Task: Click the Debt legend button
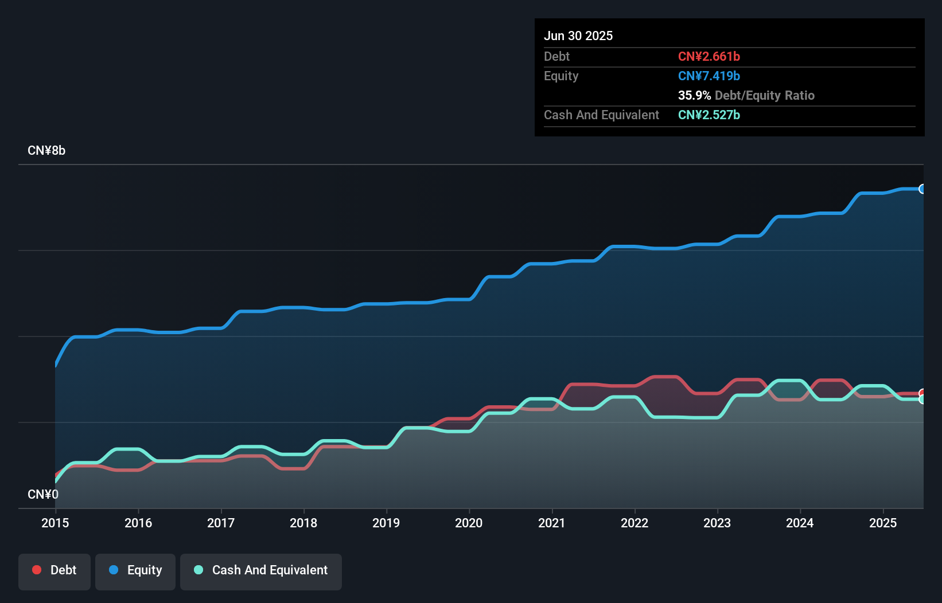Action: pos(55,571)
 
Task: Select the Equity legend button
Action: pos(135,571)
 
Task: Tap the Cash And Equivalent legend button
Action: pos(261,571)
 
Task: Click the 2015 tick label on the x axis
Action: pos(55,523)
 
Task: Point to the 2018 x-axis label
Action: pos(303,523)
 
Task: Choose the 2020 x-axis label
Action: pos(469,523)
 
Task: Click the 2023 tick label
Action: pos(717,523)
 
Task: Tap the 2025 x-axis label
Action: pos(882,523)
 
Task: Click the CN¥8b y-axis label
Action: pos(46,151)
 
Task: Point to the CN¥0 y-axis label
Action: pos(43,494)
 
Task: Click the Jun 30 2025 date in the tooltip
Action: pos(578,36)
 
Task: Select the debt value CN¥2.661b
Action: pos(709,56)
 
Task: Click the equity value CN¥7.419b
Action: pos(709,76)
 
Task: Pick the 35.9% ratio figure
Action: pos(694,95)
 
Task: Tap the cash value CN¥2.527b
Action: pos(709,115)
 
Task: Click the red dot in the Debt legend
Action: pos(37,570)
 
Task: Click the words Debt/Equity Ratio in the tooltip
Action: pos(764,95)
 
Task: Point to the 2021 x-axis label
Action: pos(551,523)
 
